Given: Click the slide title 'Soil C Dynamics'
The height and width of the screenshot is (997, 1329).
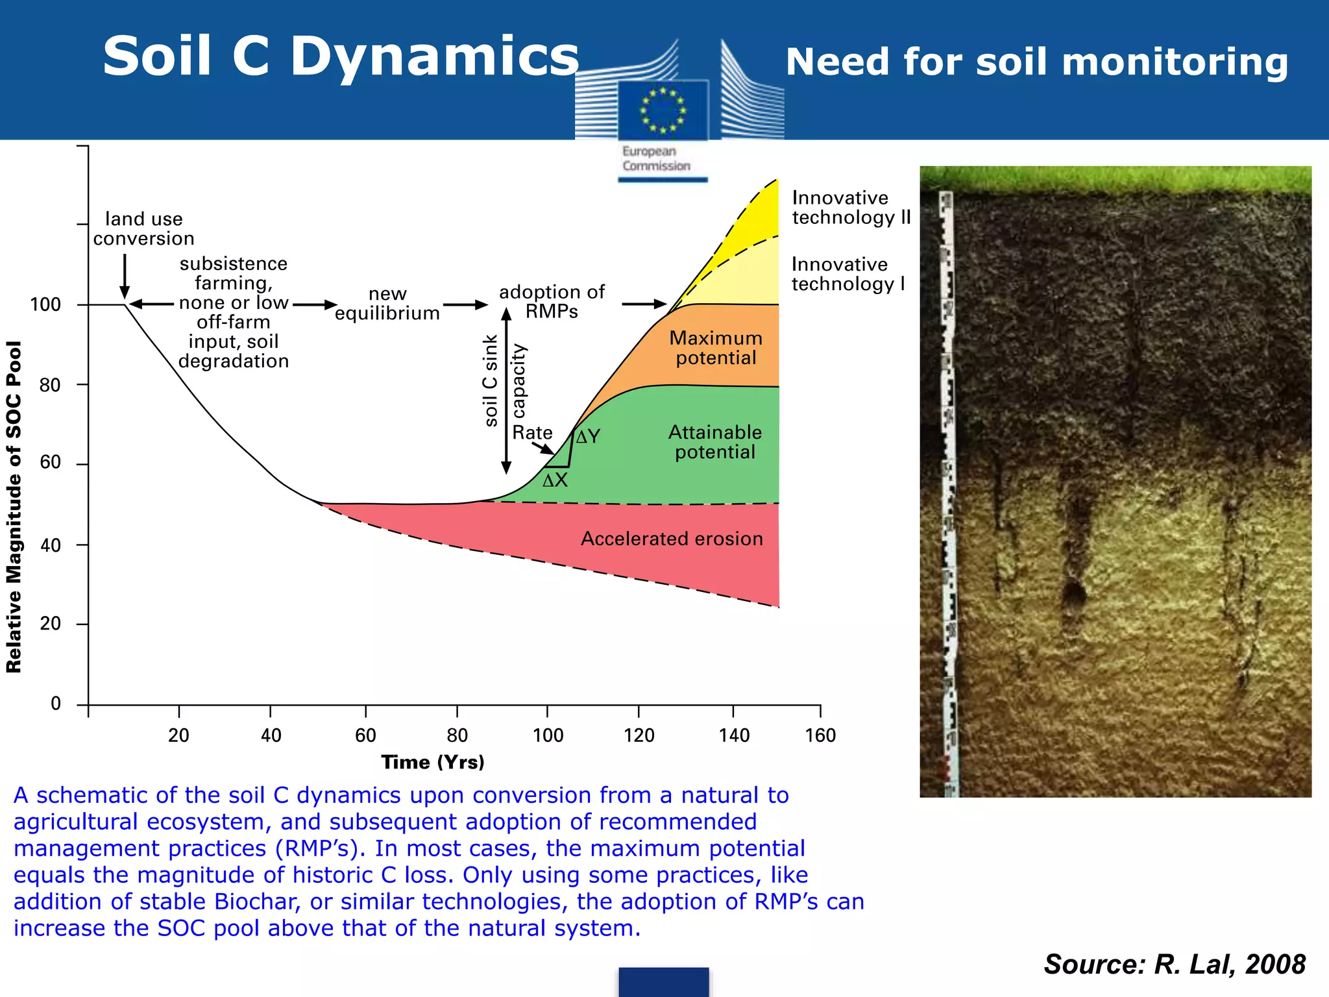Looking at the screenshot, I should pyautogui.click(x=341, y=57).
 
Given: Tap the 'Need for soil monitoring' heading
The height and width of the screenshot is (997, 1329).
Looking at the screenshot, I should pyautogui.click(x=1036, y=62).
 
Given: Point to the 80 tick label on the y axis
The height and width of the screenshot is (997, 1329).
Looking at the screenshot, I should pyautogui.click(x=50, y=385).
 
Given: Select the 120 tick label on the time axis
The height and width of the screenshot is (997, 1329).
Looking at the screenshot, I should pyautogui.click(x=639, y=735).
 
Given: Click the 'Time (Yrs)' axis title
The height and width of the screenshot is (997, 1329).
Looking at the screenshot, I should pyautogui.click(x=433, y=762).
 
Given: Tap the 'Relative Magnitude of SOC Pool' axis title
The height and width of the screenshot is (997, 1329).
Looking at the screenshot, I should pyautogui.click(x=14, y=506).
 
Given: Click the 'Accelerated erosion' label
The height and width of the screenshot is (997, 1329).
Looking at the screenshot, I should pyautogui.click(x=672, y=539).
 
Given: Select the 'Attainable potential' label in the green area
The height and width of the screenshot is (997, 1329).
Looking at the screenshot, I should pyautogui.click(x=715, y=442).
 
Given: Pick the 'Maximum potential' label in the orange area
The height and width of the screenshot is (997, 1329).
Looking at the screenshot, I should pyautogui.click(x=716, y=348).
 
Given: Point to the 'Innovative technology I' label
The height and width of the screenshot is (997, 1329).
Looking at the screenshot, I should pyautogui.click(x=847, y=274).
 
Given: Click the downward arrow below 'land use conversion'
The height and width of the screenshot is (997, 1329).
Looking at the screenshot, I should pyautogui.click(x=125, y=276).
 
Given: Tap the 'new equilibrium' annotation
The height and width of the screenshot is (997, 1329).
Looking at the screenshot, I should pyautogui.click(x=387, y=304).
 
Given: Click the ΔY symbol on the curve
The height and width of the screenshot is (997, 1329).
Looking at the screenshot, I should pyautogui.click(x=589, y=437).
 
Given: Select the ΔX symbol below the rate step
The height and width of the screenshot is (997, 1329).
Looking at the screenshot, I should pyautogui.click(x=555, y=481).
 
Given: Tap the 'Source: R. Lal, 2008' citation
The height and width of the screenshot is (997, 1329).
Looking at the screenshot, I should pyautogui.click(x=1175, y=965).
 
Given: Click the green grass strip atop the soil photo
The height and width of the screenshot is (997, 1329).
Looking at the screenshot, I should pyautogui.click(x=1115, y=179).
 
